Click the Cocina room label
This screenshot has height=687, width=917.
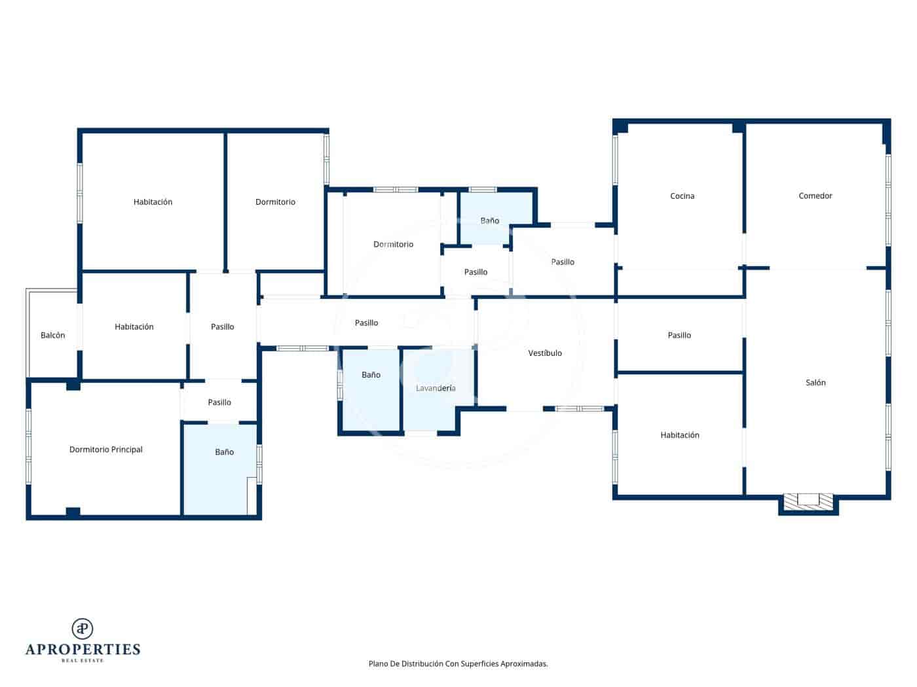[x=682, y=196]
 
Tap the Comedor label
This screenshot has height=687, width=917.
[x=815, y=196]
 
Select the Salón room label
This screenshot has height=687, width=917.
[x=815, y=383]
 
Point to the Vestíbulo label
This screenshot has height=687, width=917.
[x=545, y=353]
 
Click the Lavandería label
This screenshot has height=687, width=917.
[x=436, y=389]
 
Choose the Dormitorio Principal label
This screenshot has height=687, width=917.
[x=106, y=449]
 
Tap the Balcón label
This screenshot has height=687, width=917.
[x=53, y=336]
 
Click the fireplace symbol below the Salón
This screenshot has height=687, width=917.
[x=808, y=501]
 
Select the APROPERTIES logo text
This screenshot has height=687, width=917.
[x=83, y=649]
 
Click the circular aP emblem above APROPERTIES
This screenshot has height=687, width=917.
[x=83, y=629]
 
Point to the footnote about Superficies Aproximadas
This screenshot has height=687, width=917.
[x=458, y=663]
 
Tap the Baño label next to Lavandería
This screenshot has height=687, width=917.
[x=371, y=375]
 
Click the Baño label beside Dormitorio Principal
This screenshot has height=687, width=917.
[x=224, y=452]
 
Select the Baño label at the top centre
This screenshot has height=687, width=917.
[x=489, y=221]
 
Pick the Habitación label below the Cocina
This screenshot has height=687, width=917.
[x=680, y=435]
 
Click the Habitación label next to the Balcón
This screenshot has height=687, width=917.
[x=134, y=327]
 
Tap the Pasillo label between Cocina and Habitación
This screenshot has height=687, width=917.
[x=679, y=336]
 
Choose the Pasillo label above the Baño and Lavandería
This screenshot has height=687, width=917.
[x=366, y=323]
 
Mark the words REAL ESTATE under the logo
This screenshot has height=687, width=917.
[x=83, y=661]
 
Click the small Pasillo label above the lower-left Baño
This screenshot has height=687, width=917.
[x=219, y=402]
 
